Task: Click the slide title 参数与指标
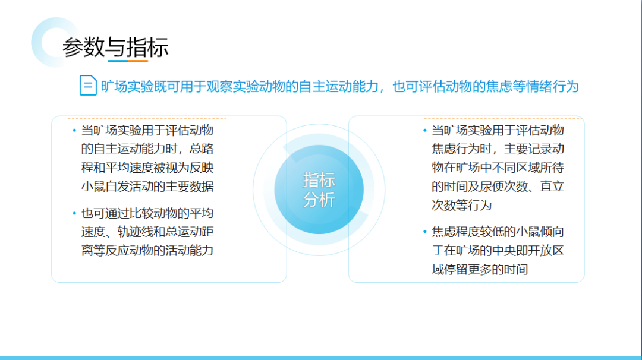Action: click(x=115, y=47)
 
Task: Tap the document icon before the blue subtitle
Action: click(x=88, y=86)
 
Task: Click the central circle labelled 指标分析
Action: click(x=319, y=190)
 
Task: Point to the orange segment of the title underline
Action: click(x=138, y=61)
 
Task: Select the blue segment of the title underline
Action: click(x=118, y=61)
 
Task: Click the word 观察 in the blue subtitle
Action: click(x=219, y=87)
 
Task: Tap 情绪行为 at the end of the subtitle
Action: click(x=553, y=87)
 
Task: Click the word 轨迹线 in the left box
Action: click(x=136, y=232)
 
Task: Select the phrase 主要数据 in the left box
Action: click(x=190, y=187)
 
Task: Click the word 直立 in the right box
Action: click(x=552, y=187)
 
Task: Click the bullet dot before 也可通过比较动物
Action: click(x=74, y=213)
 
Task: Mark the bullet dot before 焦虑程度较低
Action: click(x=424, y=232)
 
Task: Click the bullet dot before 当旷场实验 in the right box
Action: click(x=424, y=131)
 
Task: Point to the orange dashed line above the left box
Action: click(x=147, y=118)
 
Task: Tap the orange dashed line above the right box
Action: click(x=503, y=118)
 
